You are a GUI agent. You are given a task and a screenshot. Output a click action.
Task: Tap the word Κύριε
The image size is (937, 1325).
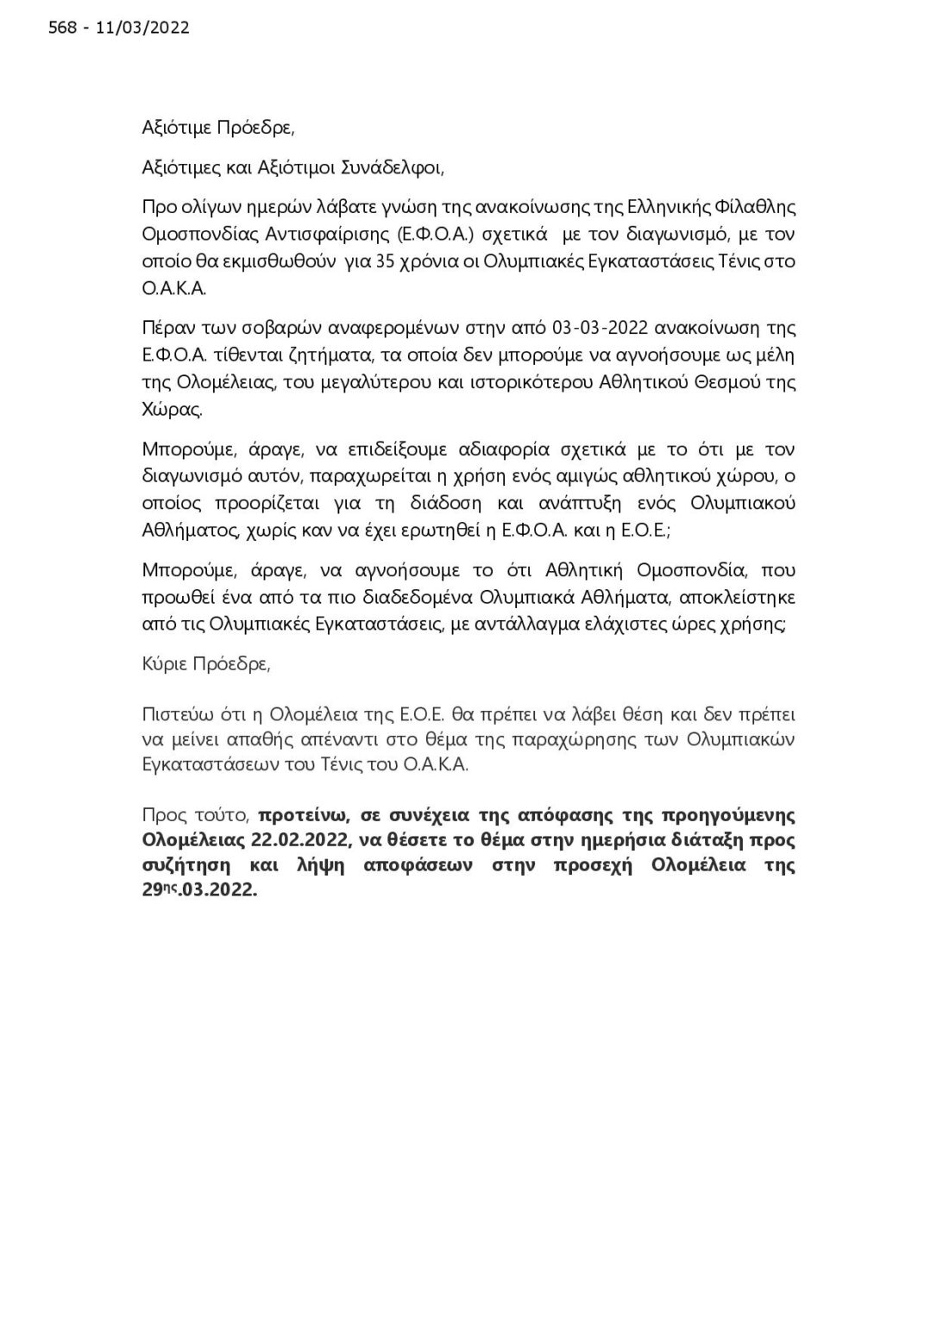[x=165, y=664]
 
